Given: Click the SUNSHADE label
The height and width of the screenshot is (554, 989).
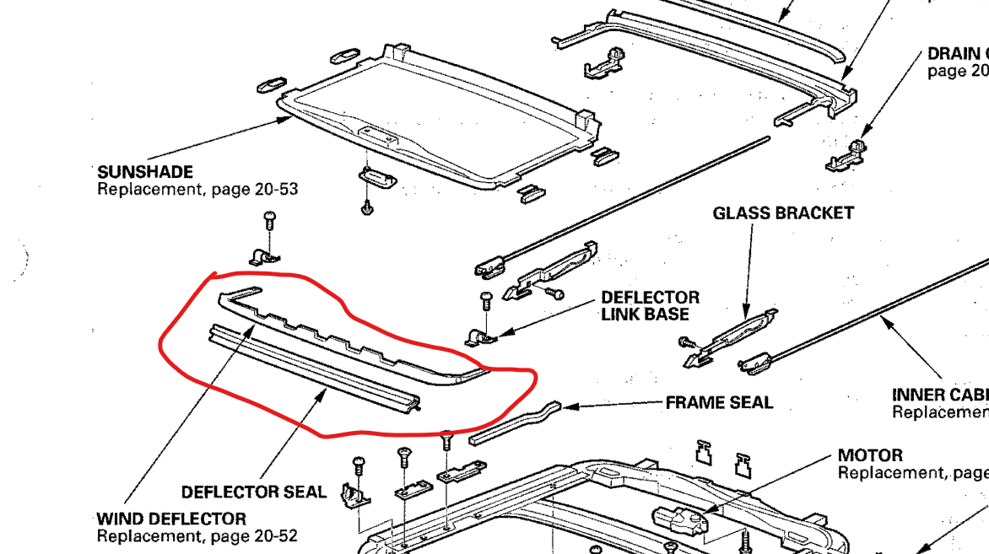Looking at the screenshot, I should tap(145, 172).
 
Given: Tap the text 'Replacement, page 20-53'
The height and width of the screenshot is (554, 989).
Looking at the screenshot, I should tap(197, 190).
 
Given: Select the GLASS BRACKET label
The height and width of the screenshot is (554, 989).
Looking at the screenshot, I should tap(783, 213).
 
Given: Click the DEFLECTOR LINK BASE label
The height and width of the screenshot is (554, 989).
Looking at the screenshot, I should tap(650, 306).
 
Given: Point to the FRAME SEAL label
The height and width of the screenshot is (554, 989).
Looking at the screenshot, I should tap(719, 403).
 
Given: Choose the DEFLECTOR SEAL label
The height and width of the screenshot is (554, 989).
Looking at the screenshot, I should tap(254, 492).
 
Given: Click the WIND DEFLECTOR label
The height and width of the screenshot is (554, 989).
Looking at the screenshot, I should tap(171, 519).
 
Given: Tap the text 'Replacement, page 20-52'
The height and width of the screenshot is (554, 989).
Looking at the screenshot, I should tap(197, 535).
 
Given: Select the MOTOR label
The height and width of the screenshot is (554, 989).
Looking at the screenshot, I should tap(870, 455).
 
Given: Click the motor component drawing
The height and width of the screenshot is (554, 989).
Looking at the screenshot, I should tap(674, 519).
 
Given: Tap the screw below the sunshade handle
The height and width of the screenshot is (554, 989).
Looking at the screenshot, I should tap(367, 206).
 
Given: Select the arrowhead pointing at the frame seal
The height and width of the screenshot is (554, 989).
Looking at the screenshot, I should tap(566, 406).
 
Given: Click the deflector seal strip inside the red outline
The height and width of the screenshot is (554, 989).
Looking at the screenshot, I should tap(312, 368).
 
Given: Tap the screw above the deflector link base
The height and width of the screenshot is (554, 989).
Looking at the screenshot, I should tap(485, 299).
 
